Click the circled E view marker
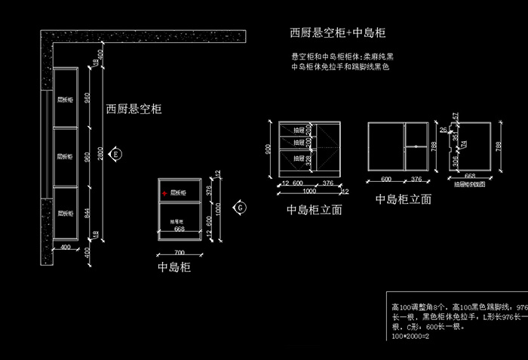115,153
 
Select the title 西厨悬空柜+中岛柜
338,33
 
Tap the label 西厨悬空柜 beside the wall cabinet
134,109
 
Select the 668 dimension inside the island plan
180,228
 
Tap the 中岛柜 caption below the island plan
174,267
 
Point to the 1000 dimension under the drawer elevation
309,192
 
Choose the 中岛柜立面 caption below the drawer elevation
315,210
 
